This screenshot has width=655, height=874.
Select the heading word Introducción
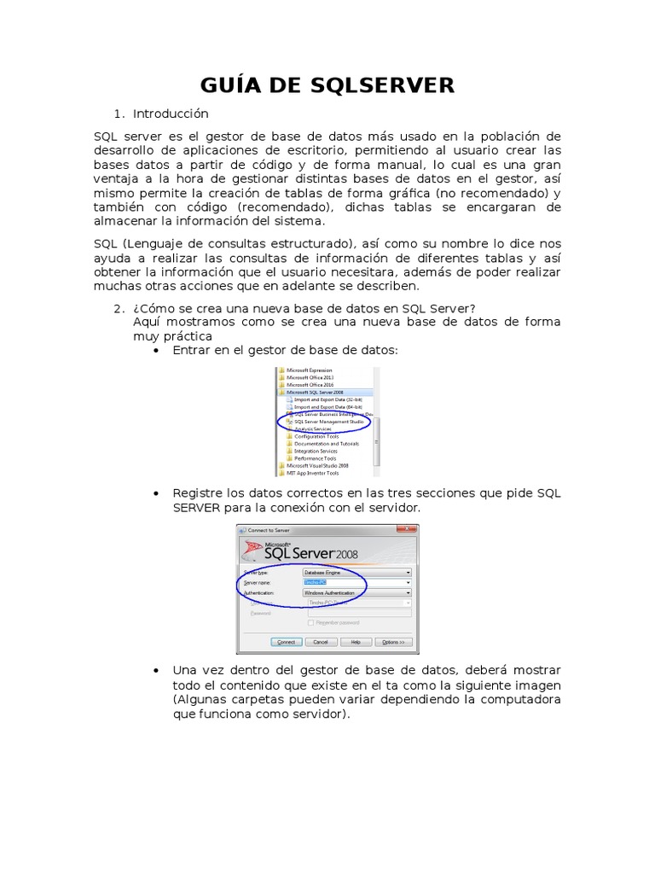[x=171, y=114]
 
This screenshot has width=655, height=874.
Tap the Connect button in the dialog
[x=286, y=642]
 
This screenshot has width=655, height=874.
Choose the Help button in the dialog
[x=356, y=642]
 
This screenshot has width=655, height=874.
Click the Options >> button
[x=392, y=642]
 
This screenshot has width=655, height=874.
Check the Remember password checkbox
[x=310, y=623]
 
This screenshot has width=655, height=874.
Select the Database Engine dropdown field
[x=357, y=572]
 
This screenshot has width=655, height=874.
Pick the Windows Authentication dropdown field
[x=357, y=592]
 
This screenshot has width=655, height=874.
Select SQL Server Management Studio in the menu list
[x=328, y=422]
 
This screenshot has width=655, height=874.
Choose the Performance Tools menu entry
[x=315, y=458]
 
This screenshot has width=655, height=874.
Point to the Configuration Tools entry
[x=316, y=436]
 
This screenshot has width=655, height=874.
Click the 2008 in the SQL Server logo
[x=347, y=554]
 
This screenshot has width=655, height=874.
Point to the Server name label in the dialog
[x=258, y=582]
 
